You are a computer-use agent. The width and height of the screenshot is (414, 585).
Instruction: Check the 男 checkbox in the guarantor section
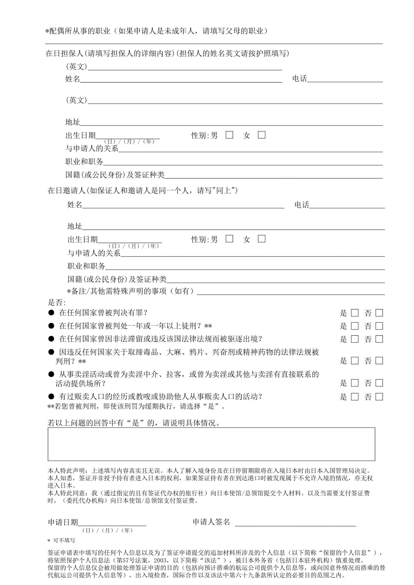coord(229,135)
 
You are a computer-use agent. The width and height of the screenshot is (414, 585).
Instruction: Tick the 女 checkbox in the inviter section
coord(261,239)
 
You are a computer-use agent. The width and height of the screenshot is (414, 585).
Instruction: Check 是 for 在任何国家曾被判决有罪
coord(355,313)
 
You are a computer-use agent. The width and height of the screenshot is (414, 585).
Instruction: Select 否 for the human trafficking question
coord(379,397)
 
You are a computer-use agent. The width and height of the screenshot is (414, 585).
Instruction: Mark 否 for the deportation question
coord(379,339)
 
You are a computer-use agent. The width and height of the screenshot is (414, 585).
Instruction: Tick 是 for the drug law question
coord(355,361)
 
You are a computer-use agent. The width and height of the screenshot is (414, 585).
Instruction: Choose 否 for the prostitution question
coord(379,383)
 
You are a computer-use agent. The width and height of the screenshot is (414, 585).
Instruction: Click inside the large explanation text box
coord(211,444)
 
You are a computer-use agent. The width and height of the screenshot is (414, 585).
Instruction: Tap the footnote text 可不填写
coord(64,540)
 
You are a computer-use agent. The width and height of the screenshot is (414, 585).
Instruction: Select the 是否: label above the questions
coord(57,303)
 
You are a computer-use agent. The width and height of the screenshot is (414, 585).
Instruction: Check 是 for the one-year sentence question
coord(355,326)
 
